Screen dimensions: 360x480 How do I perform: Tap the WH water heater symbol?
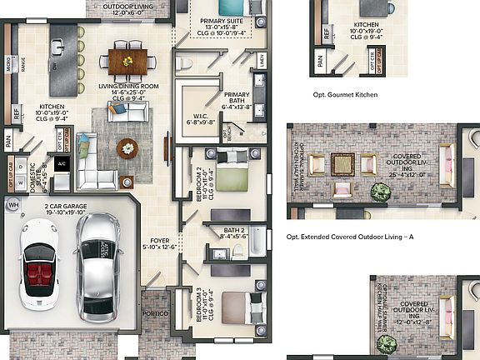pyautogui.click(x=12, y=204)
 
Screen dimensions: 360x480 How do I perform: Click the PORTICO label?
pyautogui.click(x=156, y=312)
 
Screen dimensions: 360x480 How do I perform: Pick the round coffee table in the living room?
pyautogui.click(x=127, y=147)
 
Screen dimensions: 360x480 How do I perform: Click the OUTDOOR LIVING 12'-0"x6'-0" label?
pyautogui.click(x=129, y=10)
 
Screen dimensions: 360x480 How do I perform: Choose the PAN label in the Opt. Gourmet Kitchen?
pyautogui.click(x=320, y=59)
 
